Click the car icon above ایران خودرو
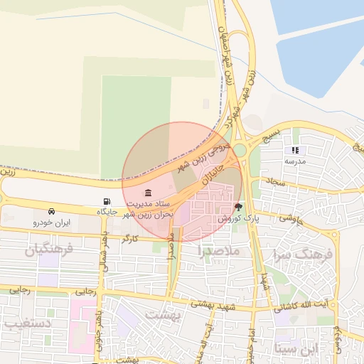52,211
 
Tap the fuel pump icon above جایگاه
107,201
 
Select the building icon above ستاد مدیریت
148,193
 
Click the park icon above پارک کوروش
237,207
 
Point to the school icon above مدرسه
294,150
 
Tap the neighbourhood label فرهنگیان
49,250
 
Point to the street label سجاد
276,183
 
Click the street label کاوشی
291,219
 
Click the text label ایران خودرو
52,223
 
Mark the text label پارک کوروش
240,219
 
